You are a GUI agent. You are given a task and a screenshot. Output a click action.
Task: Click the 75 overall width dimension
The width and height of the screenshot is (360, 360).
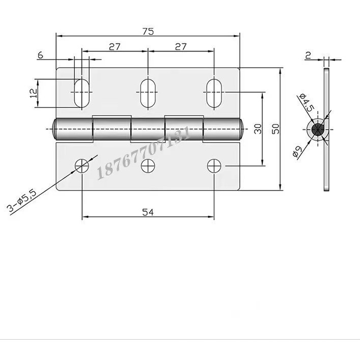coord(148,32)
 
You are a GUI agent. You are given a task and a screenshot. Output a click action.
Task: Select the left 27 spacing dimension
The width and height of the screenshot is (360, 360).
coord(115,47)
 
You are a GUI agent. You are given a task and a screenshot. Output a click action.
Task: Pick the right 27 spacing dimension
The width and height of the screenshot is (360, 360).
coord(181,47)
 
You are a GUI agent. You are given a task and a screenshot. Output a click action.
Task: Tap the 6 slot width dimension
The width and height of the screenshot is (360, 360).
coord(40,55)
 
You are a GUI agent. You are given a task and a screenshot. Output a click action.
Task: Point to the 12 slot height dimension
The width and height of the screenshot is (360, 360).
coord(34,93)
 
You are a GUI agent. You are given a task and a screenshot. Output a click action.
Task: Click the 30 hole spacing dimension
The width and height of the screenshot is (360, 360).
coord(258,129)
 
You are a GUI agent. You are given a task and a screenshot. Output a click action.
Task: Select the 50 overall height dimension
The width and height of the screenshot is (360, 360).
coord(275,129)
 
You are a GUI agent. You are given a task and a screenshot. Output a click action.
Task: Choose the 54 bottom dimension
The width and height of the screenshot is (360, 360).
coord(148,212)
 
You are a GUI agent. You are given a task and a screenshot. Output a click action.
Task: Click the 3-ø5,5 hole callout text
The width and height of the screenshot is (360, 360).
coord(22,201)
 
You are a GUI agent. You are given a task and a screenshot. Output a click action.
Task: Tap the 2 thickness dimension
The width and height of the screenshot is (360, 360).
coord(308,56)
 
